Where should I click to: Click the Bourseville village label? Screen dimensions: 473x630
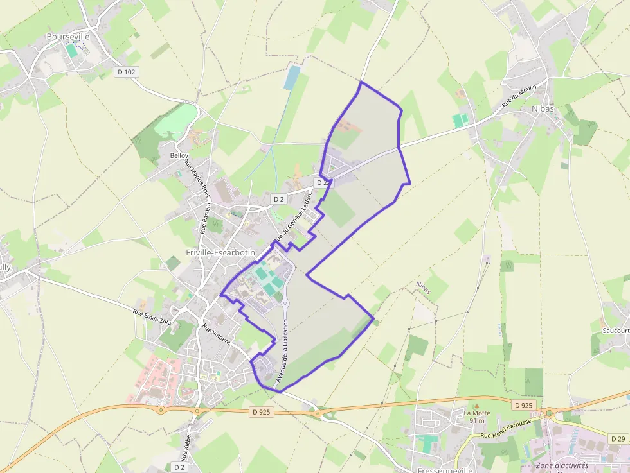point(68,37)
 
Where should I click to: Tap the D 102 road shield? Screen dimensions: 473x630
point(127,72)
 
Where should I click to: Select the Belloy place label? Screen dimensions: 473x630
point(179,156)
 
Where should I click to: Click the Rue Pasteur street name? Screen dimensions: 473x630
point(205,216)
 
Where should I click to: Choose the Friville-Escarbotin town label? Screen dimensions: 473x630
point(221,253)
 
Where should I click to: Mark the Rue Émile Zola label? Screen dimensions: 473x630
point(152,318)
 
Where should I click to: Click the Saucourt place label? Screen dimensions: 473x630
point(615,330)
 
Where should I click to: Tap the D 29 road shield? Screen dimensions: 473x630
point(618,439)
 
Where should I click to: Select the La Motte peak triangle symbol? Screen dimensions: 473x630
point(476,406)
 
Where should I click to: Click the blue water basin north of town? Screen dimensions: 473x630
point(292,77)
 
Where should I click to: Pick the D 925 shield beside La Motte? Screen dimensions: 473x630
point(524,405)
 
